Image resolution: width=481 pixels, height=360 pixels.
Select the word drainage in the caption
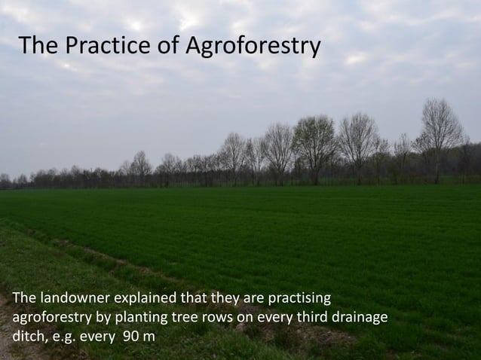pyautogui.click(x=361, y=317)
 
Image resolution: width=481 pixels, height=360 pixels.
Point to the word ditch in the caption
pyautogui.click(x=27, y=335)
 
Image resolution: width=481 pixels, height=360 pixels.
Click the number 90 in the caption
pyautogui.click(x=131, y=335)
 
